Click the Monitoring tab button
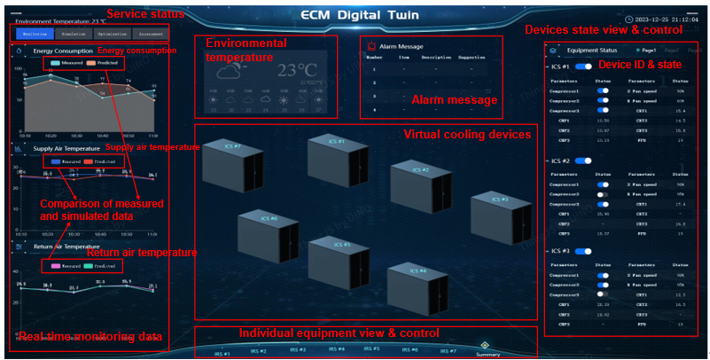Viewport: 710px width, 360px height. click(x=35, y=33)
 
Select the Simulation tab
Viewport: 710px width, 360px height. click(x=74, y=33)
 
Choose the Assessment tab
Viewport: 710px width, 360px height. click(x=150, y=33)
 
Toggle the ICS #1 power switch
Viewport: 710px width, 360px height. click(x=583, y=67)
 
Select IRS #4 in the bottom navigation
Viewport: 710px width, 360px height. click(x=336, y=349)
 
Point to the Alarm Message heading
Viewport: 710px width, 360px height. click(x=402, y=45)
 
